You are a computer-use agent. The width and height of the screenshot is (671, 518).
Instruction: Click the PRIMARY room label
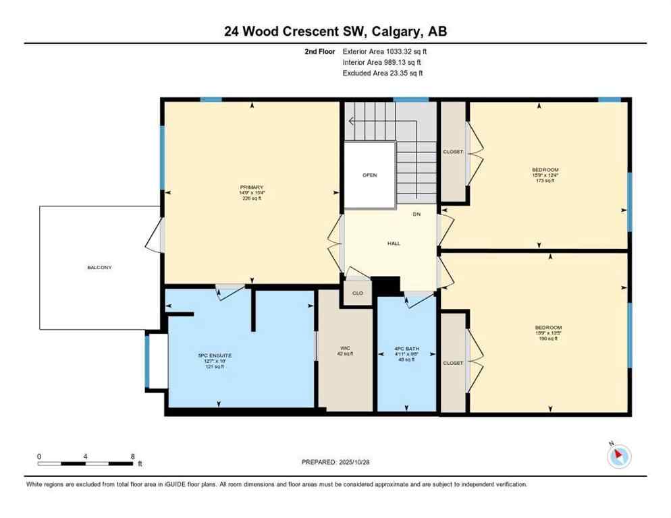(250, 187)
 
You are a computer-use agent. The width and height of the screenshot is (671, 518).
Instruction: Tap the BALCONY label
(99, 268)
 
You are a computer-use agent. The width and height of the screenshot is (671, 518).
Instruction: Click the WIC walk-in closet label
(345, 349)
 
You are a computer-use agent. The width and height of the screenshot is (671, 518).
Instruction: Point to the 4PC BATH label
(407, 349)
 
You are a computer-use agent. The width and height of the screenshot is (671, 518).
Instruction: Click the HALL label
(394, 243)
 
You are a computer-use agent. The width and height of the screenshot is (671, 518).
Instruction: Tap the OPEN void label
(369, 175)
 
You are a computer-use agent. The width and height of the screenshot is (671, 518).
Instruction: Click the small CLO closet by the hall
(358, 293)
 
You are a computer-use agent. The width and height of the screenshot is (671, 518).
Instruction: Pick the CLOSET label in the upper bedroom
(453, 152)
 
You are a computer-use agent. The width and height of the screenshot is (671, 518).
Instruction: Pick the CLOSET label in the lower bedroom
(453, 363)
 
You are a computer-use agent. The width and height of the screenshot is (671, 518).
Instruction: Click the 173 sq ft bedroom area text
(545, 181)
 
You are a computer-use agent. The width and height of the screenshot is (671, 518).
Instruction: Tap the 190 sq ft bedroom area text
(547, 338)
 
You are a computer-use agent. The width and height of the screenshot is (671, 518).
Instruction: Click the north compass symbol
(618, 457)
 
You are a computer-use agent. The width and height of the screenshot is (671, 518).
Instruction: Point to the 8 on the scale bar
(132, 456)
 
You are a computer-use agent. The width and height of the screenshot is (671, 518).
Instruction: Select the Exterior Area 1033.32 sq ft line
(385, 51)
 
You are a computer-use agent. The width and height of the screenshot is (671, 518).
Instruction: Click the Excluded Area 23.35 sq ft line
(383, 73)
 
